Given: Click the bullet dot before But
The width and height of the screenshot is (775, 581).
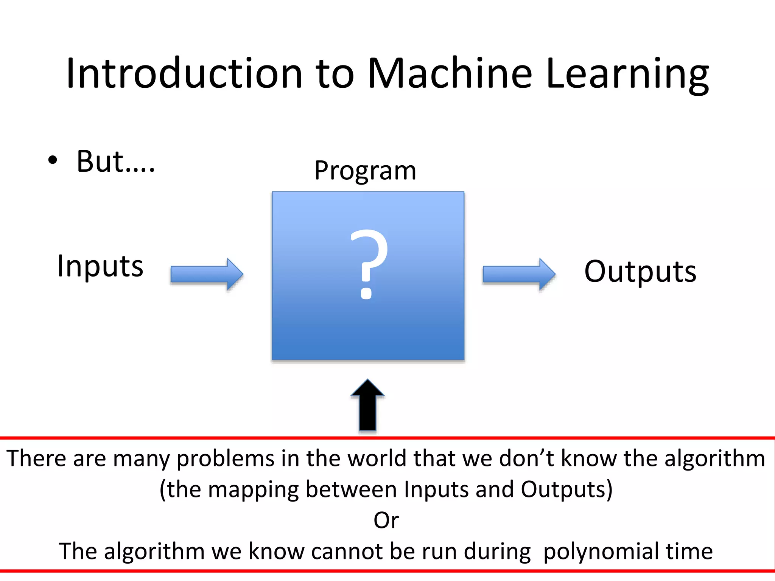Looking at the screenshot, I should pos(53,160).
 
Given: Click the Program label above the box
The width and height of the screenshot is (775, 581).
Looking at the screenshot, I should pos(365,170).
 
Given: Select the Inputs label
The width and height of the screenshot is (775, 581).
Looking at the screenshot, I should pos(100,266).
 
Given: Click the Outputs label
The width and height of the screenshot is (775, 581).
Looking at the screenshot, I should pos(640,272).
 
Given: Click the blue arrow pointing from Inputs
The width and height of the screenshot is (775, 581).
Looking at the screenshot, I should pos(207,274).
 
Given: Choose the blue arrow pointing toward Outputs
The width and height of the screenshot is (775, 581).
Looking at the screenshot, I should pos(519,274).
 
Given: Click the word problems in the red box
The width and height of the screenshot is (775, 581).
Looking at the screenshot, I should pos(225,458).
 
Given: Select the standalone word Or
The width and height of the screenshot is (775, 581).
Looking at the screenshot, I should pos(386,520).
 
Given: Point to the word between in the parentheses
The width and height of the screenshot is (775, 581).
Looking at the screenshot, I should pos(352,489).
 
